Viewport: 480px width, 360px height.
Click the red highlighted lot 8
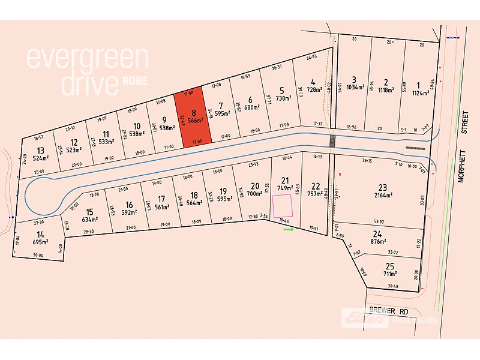point(193,118)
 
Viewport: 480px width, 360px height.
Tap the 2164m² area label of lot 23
point(383,195)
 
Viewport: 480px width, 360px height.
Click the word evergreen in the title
point(87,58)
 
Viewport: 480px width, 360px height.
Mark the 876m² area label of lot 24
point(377,242)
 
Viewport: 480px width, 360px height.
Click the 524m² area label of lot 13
point(41,158)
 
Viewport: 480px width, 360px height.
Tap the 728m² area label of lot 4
point(314,89)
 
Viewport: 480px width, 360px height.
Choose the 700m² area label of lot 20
point(254,194)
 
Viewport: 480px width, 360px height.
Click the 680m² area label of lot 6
point(251,108)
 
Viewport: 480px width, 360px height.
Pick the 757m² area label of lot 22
point(316,194)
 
